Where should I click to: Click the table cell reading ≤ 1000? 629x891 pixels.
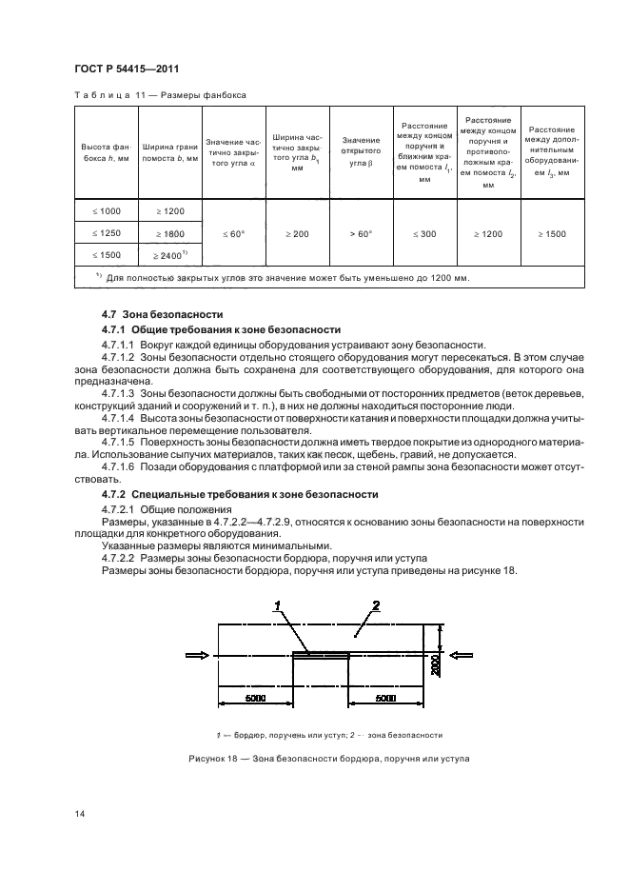(x=106, y=210)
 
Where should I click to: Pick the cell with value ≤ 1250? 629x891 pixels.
(x=106, y=232)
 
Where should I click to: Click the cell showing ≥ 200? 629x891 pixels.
(x=296, y=232)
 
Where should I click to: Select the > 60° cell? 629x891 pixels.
(x=361, y=232)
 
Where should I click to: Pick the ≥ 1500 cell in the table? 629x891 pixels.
(x=552, y=232)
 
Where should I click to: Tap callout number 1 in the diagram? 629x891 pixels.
(x=277, y=605)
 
